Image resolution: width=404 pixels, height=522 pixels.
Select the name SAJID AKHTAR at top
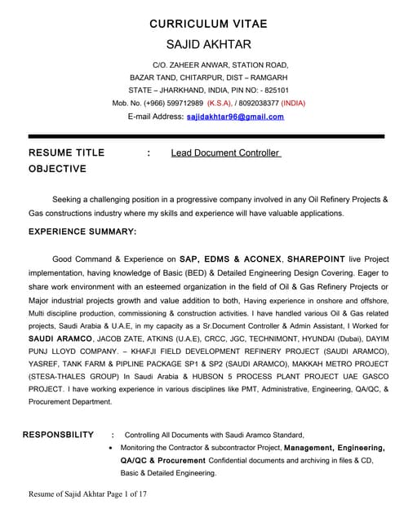pos(208,44)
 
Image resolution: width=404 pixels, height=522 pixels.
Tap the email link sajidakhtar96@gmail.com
pos(235,117)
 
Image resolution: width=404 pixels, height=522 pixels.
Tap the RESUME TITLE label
pos(66,153)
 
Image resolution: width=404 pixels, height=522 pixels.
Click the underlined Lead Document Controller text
pos(225,153)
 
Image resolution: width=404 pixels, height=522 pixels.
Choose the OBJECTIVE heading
pos(57,169)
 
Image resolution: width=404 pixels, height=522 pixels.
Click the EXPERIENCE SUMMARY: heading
pos(82,232)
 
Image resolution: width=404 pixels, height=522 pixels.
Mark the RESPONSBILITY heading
pos(58,435)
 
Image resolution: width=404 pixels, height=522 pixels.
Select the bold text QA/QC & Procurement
pos(162,461)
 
